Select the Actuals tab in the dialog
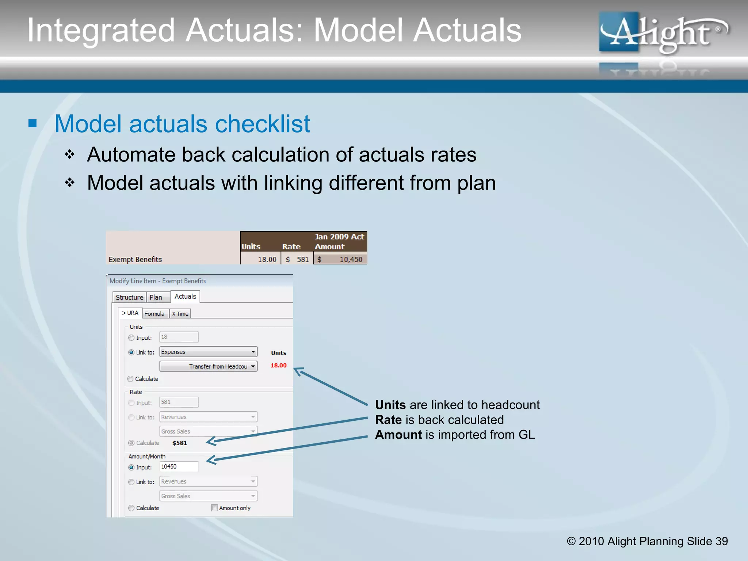185,297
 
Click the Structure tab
129,297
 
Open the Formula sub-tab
154,314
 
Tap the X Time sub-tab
180,314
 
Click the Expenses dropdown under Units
208,352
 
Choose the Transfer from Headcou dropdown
208,366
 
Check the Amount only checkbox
215,508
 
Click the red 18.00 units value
278,365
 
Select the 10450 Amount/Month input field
179,467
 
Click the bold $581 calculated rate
179,443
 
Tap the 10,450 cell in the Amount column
351,259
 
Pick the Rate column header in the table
291,247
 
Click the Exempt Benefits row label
135,259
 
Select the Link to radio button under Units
131,352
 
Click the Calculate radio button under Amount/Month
131,508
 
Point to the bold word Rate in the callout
388,420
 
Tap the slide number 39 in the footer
721,541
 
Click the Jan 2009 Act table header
339,237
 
